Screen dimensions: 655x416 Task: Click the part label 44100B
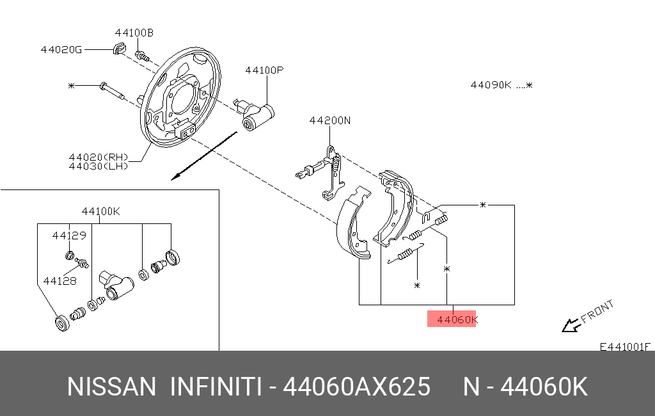tap(134, 33)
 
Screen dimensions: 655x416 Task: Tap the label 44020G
tap(61, 50)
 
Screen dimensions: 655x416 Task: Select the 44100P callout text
tap(264, 70)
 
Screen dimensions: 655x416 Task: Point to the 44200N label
tap(330, 120)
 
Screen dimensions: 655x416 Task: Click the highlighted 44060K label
tap(457, 320)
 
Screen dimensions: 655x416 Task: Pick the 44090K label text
tap(491, 85)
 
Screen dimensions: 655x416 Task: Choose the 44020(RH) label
tap(99, 157)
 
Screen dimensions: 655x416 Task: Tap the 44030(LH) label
tap(99, 166)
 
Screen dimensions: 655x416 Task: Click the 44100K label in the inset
tap(100, 211)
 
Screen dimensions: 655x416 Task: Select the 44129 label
tap(69, 236)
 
